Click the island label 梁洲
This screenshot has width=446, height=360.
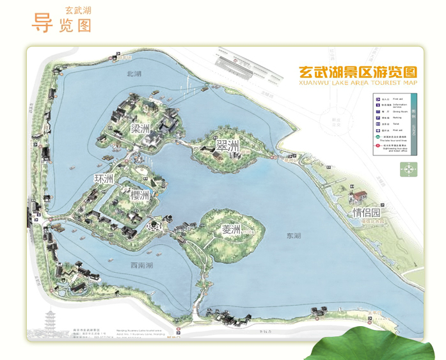click(x=140, y=128)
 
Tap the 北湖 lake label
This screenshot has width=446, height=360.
click(x=134, y=74)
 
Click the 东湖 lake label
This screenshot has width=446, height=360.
click(x=294, y=236)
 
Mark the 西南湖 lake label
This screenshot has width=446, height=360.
click(x=141, y=265)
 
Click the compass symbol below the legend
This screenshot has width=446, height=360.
click(x=408, y=169)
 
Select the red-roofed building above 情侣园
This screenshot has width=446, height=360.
click(x=360, y=196)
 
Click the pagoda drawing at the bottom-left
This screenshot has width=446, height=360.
click(x=51, y=323)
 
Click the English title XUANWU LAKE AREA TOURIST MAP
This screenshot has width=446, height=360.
click(x=357, y=82)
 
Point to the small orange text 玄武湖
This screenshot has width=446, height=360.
click(x=77, y=11)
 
